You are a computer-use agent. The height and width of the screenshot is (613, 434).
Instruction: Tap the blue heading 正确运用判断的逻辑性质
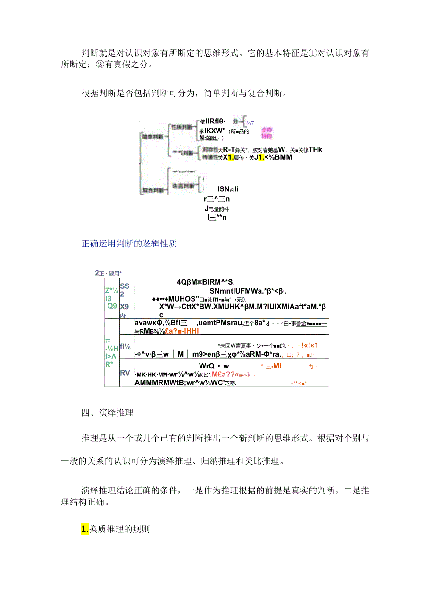129,244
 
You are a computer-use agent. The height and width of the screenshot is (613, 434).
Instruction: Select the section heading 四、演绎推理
107,413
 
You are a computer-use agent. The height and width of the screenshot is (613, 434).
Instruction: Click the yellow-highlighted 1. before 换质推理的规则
85,529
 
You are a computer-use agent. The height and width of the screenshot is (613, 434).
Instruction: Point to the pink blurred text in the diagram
267,133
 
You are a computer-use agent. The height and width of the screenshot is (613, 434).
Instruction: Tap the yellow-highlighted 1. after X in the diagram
231,157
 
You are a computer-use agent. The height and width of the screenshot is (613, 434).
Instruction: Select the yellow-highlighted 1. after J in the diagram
261,157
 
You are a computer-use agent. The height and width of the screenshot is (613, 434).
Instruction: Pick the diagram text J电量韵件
217,208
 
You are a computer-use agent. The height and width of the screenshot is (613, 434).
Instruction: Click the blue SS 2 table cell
125,290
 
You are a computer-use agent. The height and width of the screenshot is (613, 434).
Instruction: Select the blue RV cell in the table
125,373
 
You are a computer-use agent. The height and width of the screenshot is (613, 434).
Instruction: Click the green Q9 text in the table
112,305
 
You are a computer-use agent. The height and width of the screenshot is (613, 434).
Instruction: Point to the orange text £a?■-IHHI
182,331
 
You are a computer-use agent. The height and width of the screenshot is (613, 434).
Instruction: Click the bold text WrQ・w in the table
214,366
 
